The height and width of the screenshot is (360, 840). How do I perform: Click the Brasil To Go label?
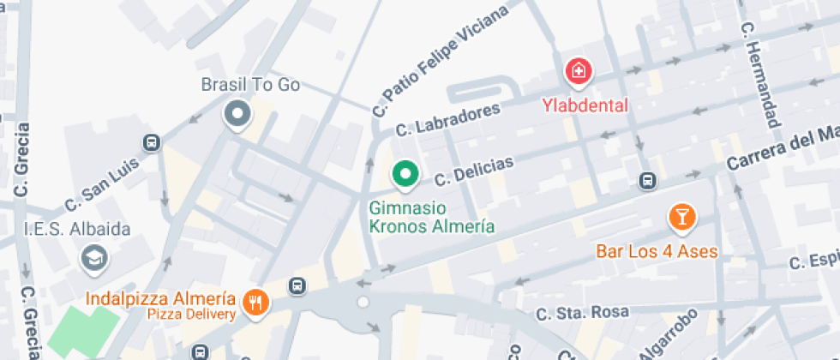click(x=250, y=84)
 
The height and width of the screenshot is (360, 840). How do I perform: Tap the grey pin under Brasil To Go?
click(x=237, y=113)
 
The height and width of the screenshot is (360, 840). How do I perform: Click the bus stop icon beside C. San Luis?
click(x=152, y=143)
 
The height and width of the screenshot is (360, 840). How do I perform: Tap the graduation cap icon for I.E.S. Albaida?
click(x=91, y=257)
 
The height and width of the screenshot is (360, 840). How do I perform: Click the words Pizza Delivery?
click(x=191, y=315)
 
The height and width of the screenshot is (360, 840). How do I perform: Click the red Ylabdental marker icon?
click(x=579, y=72)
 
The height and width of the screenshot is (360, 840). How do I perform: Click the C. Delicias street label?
click(x=474, y=171)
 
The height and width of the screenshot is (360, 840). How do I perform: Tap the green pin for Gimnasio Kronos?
click(x=405, y=175)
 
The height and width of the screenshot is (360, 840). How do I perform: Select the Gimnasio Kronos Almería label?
click(x=431, y=218)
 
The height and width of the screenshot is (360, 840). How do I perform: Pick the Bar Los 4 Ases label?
click(x=657, y=252)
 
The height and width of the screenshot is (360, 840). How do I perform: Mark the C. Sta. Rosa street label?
click(x=582, y=311)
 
